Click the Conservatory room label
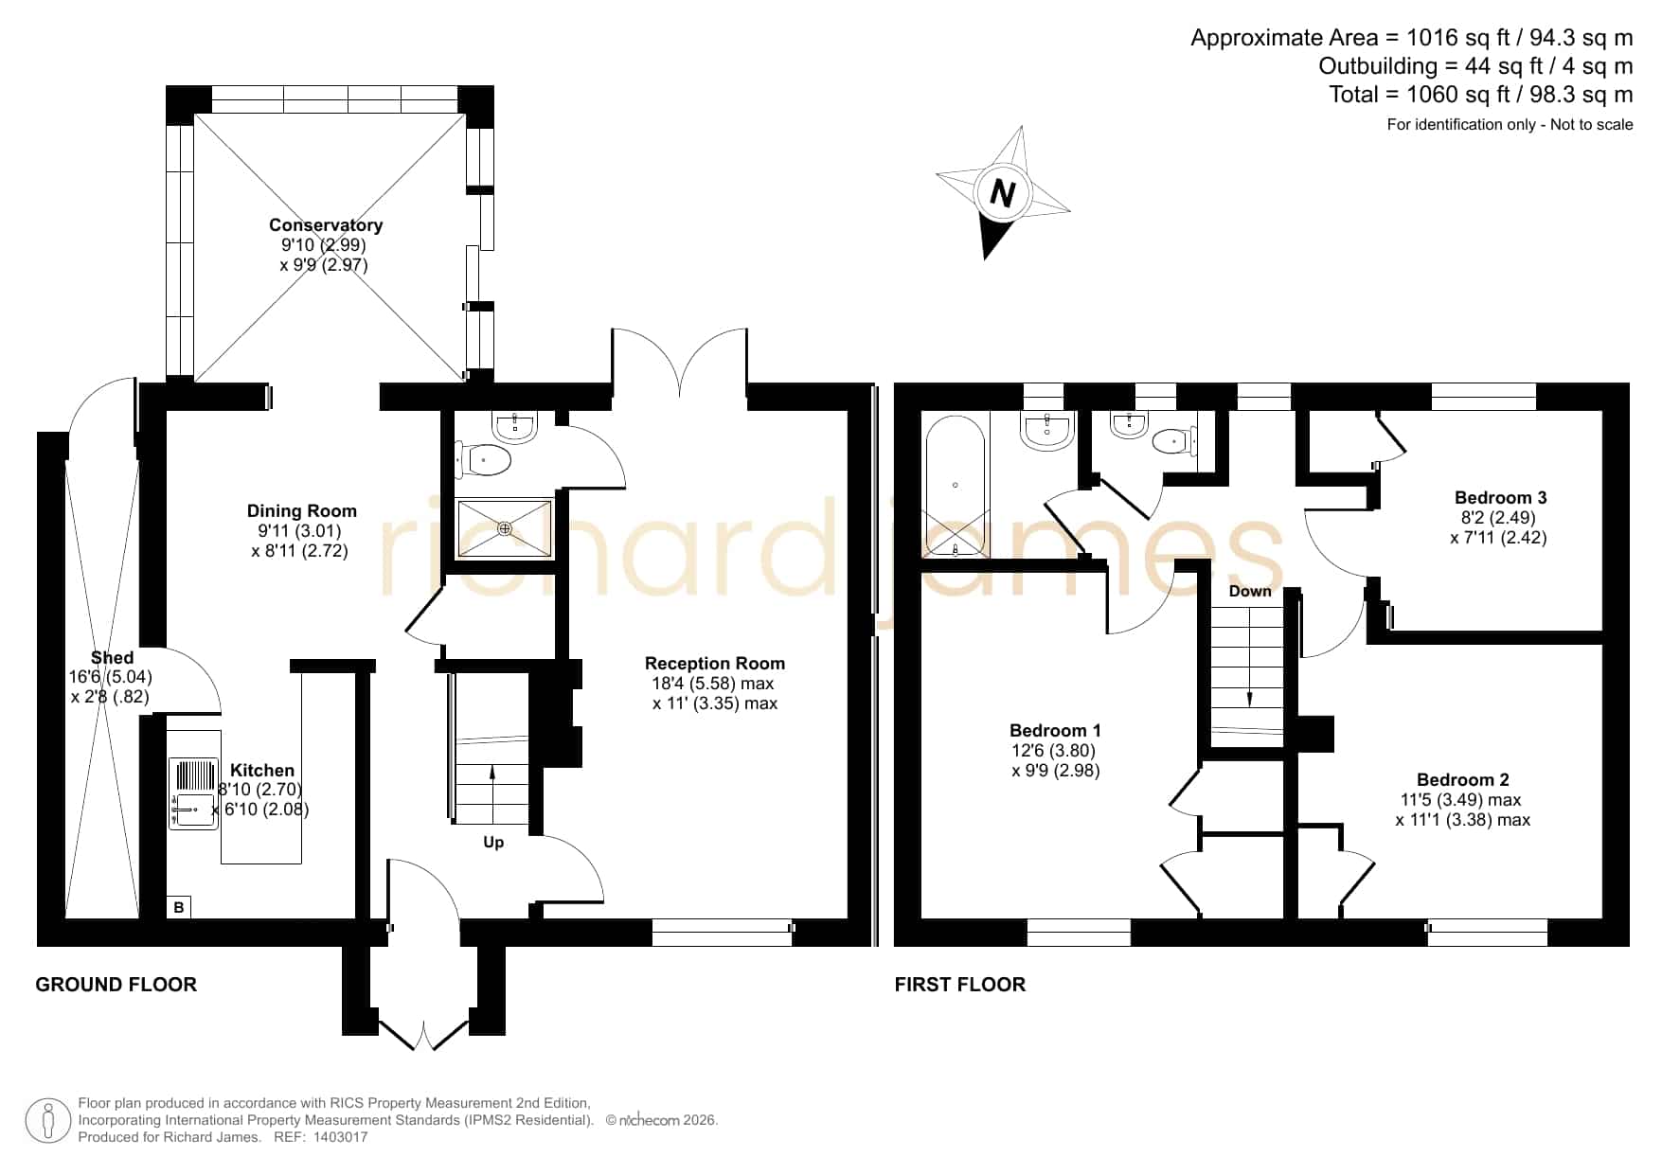coord(326,225)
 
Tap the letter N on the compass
coord(1002,194)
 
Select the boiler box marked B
coord(179,907)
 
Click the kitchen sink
coord(194,793)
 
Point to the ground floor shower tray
coord(505,528)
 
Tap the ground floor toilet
coord(485,461)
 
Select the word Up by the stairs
coord(493,842)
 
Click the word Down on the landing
coord(1250,591)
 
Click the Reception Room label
coord(715,663)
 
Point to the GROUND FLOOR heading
coord(116,985)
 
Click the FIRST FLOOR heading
coord(960,985)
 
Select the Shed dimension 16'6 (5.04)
coord(111,677)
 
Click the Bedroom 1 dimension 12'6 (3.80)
coord(1056,750)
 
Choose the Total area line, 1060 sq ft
coord(1481,95)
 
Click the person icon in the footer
coord(47,1121)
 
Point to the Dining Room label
coord(302,511)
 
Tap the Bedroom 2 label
coord(1463,779)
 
